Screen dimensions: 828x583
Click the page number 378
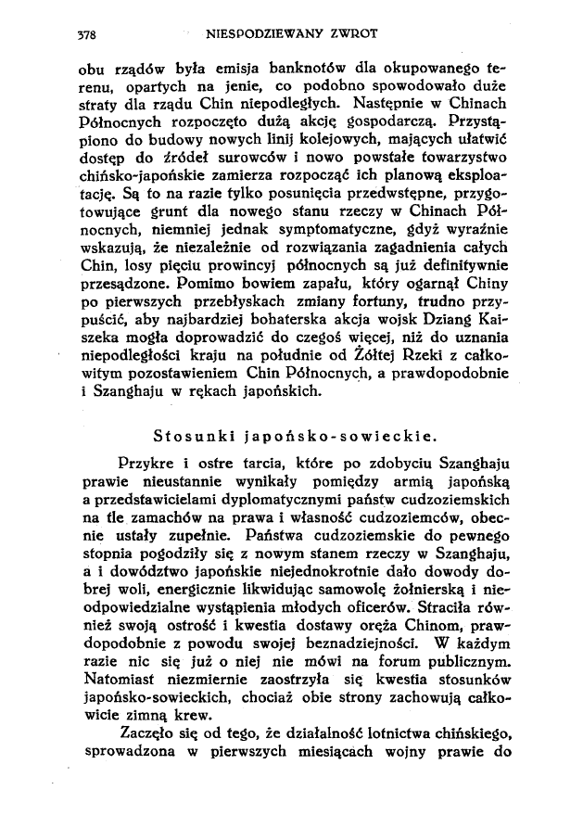pyautogui.click(x=86, y=36)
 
